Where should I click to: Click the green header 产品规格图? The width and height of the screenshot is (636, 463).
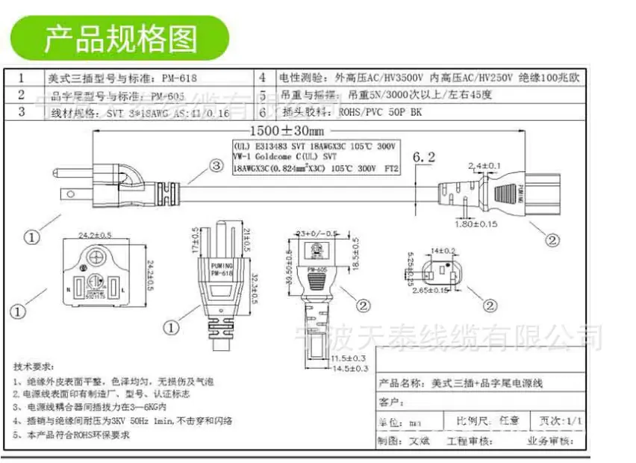(119, 37)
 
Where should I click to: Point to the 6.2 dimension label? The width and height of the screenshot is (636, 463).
(423, 157)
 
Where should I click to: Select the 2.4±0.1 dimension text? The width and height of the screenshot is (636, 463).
(484, 164)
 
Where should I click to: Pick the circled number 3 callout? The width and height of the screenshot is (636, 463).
(215, 165)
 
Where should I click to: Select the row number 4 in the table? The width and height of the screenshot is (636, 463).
(263, 78)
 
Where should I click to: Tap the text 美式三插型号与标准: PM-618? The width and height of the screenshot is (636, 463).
(124, 78)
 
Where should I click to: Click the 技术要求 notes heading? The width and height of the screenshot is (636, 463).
(34, 367)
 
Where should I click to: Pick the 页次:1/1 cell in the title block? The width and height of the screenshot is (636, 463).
(559, 421)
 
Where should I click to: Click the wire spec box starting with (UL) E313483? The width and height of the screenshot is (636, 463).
(315, 158)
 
